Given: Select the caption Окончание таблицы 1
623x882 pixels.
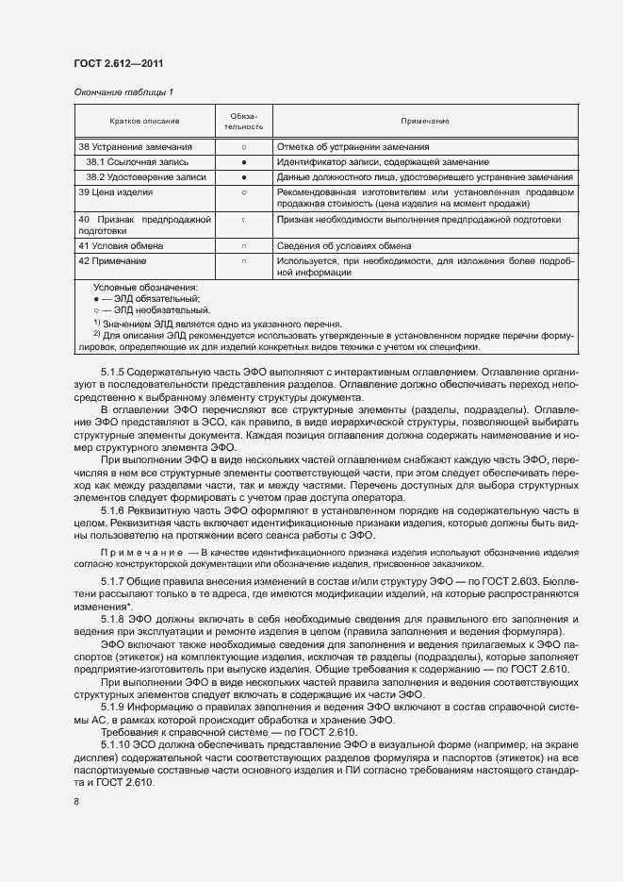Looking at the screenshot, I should click(123, 92).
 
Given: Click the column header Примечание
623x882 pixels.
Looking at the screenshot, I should click(424, 121).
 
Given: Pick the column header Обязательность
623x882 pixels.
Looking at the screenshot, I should click(243, 121).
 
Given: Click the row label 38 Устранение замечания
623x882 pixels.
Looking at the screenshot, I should click(136, 147).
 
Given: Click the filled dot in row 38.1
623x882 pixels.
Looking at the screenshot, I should click(243, 162).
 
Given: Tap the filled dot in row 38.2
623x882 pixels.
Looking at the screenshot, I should click(243, 176).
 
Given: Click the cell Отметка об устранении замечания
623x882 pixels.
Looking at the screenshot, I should click(353, 147).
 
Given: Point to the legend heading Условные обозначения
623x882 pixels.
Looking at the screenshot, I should click(146, 287).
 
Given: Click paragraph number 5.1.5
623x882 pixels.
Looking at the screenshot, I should click(112, 373).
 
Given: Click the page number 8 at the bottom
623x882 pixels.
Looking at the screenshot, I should click(75, 802).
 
